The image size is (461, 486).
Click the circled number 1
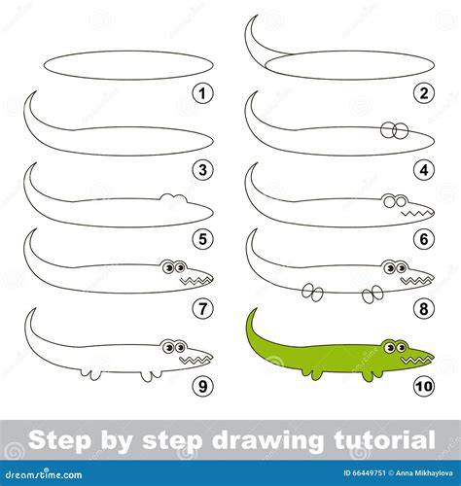(x=202, y=94)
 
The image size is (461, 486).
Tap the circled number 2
(x=424, y=93)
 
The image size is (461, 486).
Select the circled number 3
(x=202, y=170)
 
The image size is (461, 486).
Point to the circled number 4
(x=424, y=170)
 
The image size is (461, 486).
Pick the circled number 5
(x=202, y=239)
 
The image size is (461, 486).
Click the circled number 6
(x=424, y=239)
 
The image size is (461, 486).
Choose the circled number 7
(x=202, y=309)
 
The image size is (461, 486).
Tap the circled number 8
(x=424, y=309)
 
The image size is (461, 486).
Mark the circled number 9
(x=202, y=386)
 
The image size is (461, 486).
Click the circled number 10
(x=424, y=386)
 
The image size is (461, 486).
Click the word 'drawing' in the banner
(x=267, y=441)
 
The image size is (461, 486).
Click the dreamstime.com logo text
(x=43, y=475)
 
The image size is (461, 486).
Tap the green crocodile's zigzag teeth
(x=416, y=360)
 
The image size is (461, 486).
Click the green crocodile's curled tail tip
(x=256, y=309)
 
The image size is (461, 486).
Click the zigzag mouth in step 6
(x=416, y=213)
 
